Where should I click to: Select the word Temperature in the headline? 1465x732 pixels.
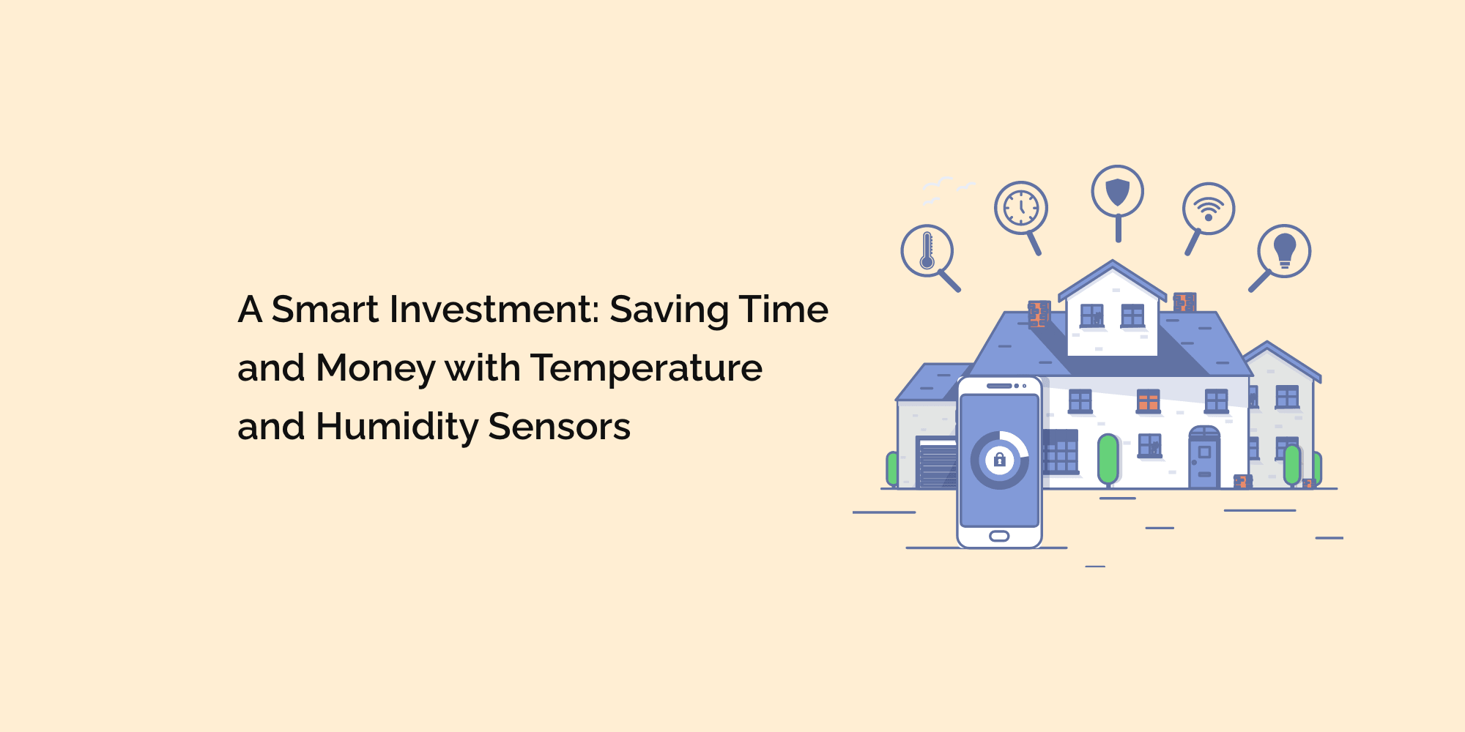pyautogui.click(x=646, y=368)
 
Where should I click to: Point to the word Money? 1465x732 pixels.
pyautogui.click(x=376, y=368)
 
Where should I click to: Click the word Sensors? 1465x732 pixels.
pyautogui.click(x=559, y=427)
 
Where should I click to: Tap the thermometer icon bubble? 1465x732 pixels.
pyautogui.click(x=927, y=251)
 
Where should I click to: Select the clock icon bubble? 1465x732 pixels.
pyautogui.click(x=1021, y=208)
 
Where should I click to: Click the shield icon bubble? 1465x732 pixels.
pyautogui.click(x=1117, y=192)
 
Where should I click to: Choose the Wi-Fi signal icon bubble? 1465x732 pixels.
pyautogui.click(x=1209, y=208)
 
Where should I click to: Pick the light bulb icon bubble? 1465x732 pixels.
pyautogui.click(x=1284, y=251)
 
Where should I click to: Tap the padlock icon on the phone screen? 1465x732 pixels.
pyautogui.click(x=999, y=460)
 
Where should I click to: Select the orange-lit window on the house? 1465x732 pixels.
pyautogui.click(x=1148, y=401)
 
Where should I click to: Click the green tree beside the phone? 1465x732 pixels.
pyautogui.click(x=1108, y=460)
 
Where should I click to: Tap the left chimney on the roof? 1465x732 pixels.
pyautogui.click(x=1039, y=313)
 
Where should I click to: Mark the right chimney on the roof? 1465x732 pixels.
pyautogui.click(x=1184, y=302)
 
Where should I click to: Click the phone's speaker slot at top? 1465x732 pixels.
pyautogui.click(x=999, y=386)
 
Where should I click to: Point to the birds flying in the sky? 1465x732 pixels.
pyautogui.click(x=945, y=189)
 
